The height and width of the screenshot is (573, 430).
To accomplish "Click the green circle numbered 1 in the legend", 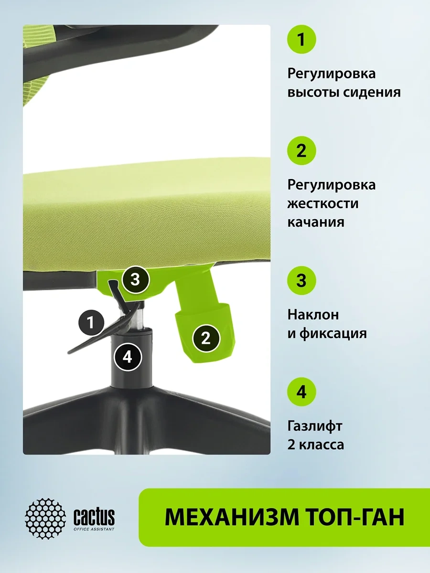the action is tap(301, 40).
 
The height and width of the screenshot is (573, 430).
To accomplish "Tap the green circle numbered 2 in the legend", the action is tap(301, 150).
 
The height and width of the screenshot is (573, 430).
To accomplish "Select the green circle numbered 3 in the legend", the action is tap(301, 281).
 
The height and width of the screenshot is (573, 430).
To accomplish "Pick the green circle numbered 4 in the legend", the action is tap(301, 392).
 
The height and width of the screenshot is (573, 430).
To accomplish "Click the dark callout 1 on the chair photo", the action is tap(91, 323).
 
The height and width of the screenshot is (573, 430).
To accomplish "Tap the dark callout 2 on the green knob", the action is tap(206, 339).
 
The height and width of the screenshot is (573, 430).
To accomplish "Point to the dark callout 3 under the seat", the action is tap(136, 280).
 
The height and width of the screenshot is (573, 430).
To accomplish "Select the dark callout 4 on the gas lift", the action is tap(128, 357).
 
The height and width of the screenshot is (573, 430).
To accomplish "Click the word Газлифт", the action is tap(314, 426).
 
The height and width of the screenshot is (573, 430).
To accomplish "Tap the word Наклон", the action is tap(313, 315).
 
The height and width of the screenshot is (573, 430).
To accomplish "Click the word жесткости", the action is tap(323, 203).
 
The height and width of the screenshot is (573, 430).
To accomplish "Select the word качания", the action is tap(316, 223).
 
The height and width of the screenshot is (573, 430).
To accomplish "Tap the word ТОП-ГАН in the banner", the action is tap(355, 517).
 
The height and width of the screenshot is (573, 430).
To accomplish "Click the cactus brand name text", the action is tap(94, 516).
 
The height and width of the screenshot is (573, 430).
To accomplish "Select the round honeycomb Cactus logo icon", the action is tap(45, 519).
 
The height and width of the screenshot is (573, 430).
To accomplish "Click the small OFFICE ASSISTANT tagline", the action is tap(94, 529).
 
